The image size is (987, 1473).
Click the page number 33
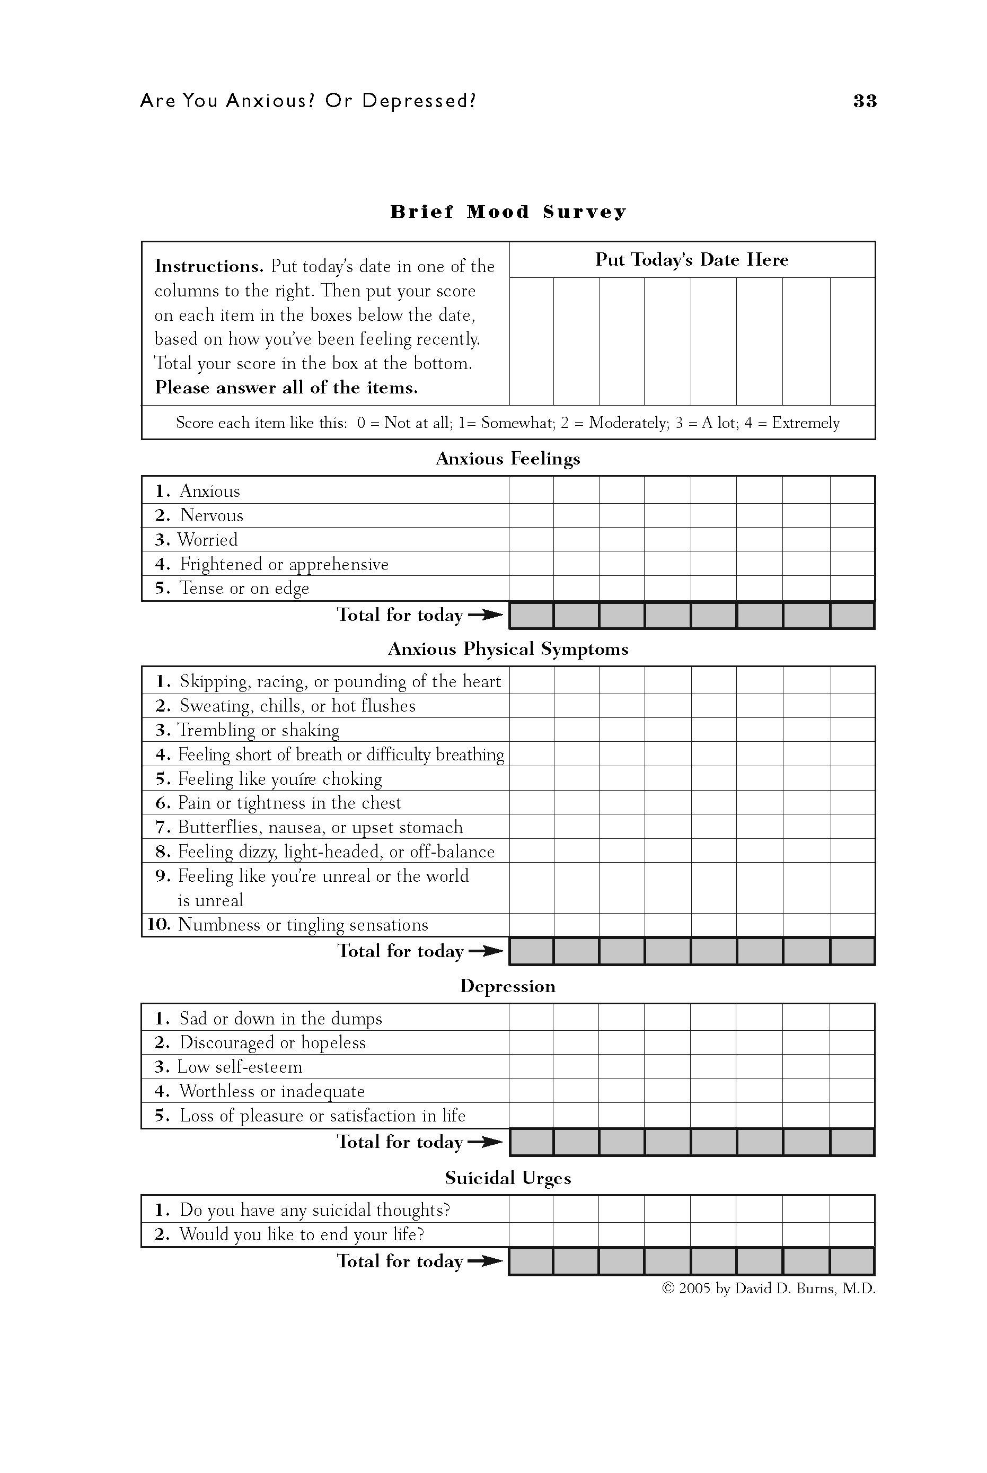[864, 101]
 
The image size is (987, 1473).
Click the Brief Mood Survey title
[507, 212]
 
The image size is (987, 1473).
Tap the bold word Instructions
[209, 266]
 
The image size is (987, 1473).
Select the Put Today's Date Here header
[691, 260]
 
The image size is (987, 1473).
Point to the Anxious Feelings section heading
[507, 459]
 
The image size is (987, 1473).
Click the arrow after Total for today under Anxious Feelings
[486, 615]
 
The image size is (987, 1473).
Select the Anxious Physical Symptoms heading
[507, 649]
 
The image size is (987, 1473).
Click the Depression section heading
[507, 986]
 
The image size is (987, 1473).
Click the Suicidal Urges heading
[507, 1178]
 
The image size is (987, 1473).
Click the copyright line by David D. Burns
[768, 1288]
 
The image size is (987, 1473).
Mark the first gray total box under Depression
[531, 1143]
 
